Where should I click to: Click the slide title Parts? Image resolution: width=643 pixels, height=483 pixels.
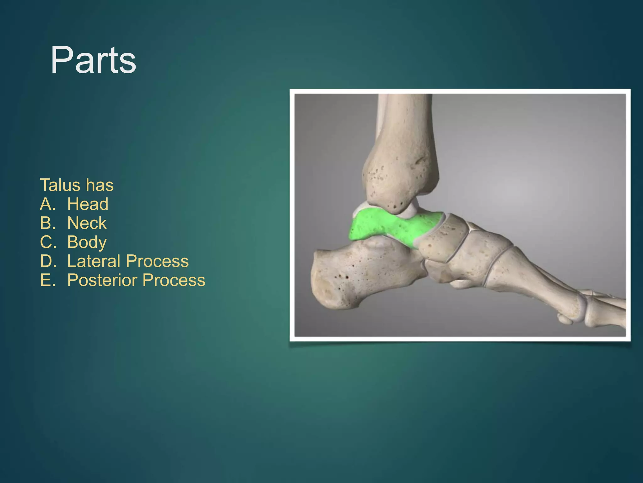click(x=93, y=60)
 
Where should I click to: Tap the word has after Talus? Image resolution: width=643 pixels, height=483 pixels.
click(x=100, y=185)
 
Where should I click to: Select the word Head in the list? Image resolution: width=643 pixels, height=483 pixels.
click(x=88, y=204)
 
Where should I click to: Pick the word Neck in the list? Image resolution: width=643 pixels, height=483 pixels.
click(x=87, y=223)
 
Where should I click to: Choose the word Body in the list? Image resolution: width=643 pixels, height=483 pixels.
click(x=87, y=242)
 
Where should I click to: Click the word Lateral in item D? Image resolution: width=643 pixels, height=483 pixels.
click(x=94, y=261)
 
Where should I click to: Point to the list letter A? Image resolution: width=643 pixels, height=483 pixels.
click(x=47, y=204)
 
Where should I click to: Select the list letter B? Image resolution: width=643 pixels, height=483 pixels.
click(x=47, y=223)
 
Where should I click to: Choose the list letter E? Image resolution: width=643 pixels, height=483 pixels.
click(x=47, y=280)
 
